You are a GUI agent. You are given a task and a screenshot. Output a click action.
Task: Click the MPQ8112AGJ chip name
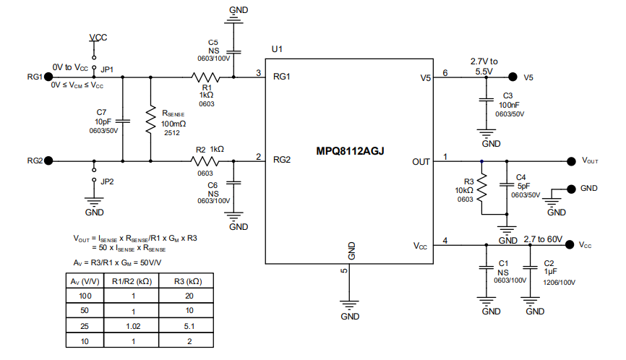pyautogui.click(x=350, y=153)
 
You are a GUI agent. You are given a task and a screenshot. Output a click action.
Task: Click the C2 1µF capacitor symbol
pyautogui.click(x=531, y=267)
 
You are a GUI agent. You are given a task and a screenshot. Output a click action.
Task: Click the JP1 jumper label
pyautogui.click(x=107, y=69)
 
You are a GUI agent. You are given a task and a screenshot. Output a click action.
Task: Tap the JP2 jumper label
pyautogui.click(x=107, y=181)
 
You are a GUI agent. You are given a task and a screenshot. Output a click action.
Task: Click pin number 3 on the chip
pyautogui.click(x=259, y=72)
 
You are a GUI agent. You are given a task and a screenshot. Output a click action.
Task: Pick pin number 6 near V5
pyautogui.click(x=445, y=72)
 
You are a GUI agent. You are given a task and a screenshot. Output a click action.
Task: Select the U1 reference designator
pyautogui.click(x=276, y=49)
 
